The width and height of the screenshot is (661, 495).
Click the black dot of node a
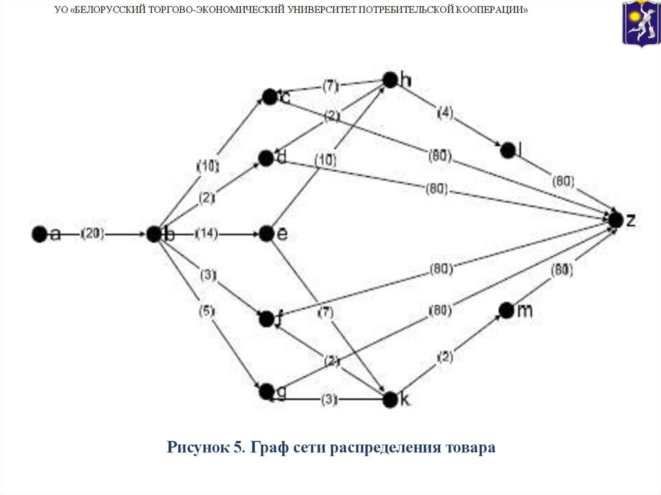coord(39,234)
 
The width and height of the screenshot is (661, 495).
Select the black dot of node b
coord(154,234)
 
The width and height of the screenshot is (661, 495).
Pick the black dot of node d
coord(266,157)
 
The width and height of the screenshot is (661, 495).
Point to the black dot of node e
coord(267,234)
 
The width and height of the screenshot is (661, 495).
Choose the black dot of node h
coord(390,79)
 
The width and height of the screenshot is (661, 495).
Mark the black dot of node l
coord(507,150)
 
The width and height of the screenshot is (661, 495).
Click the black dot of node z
coord(616,219)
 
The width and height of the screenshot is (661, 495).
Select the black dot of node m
coord(506,310)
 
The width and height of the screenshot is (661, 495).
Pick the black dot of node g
coord(266,391)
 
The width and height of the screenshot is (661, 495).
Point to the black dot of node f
coord(266,318)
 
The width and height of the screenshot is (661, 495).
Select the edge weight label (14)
coord(207,234)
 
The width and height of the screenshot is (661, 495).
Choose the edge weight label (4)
coord(445,113)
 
